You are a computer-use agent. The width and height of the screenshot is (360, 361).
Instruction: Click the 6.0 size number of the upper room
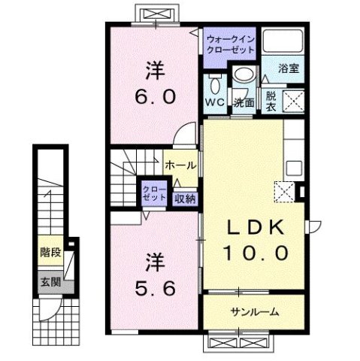pos(157,96)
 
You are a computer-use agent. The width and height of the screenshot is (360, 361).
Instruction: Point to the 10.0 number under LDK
pos(255,253)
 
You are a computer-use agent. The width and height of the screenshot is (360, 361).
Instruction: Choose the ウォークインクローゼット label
pos(230,42)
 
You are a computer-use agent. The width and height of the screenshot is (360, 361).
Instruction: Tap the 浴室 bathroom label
pos(289,67)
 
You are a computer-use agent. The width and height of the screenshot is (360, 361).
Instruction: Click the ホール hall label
pos(181,165)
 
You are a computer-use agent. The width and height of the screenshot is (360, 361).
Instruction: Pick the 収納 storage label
pos(185,199)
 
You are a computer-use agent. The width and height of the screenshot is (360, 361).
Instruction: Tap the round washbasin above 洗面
pos(242,75)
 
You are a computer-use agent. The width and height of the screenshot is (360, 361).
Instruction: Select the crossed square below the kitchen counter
pos(284,192)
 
